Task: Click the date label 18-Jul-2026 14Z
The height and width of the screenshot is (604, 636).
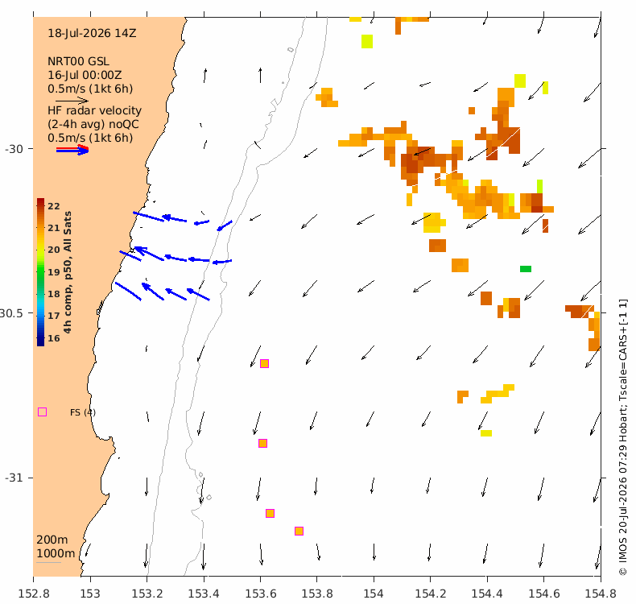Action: pyautogui.click(x=92, y=33)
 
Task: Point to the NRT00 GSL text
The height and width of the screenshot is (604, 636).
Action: pyautogui.click(x=78, y=61)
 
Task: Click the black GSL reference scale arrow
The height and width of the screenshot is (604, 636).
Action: pyautogui.click(x=72, y=101)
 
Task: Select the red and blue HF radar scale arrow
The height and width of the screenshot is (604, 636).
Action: pyautogui.click(x=72, y=150)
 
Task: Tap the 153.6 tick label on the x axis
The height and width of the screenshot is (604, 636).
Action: pyautogui.click(x=260, y=594)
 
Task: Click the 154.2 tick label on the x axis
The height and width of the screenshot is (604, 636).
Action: pyautogui.click(x=431, y=594)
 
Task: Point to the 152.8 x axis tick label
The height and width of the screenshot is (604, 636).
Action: pyautogui.click(x=34, y=594)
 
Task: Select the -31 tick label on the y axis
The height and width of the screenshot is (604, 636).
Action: pyautogui.click(x=14, y=478)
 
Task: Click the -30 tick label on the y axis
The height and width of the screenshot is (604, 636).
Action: pyautogui.click(x=14, y=149)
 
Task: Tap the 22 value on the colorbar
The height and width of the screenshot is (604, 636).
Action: pyautogui.click(x=54, y=206)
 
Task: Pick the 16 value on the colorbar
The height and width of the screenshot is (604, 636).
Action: pyautogui.click(x=54, y=338)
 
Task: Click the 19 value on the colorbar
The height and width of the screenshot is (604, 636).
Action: pyautogui.click(x=54, y=272)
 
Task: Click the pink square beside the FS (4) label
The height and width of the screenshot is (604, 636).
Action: pyautogui.click(x=42, y=412)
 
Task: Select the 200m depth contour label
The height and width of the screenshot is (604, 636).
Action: pyautogui.click(x=52, y=540)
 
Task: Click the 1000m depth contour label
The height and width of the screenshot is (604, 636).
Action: pyautogui.click(x=56, y=553)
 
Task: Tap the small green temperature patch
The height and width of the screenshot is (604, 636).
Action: pyautogui.click(x=526, y=268)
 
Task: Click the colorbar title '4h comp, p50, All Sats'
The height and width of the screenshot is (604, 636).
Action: pyautogui.click(x=68, y=272)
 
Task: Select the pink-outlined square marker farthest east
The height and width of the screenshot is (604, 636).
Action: pyautogui.click(x=299, y=531)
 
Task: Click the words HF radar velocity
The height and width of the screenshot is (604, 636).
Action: pyautogui.click(x=94, y=110)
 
